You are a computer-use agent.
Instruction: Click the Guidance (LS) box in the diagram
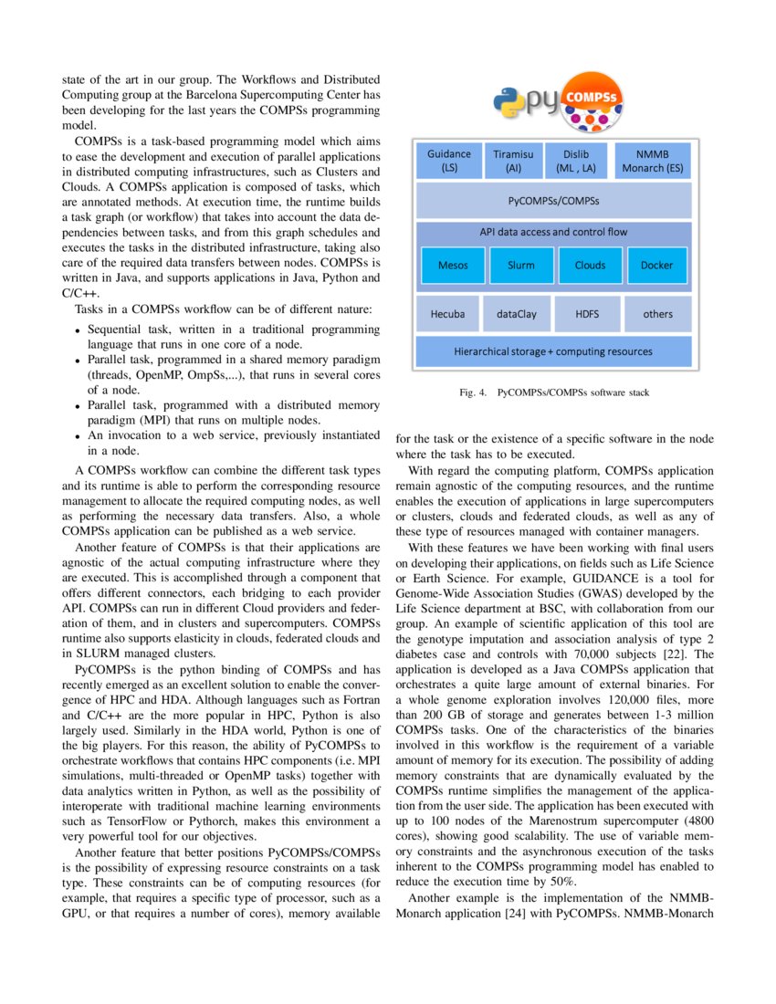tap(449, 161)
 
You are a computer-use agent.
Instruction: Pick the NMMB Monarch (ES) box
tap(651, 161)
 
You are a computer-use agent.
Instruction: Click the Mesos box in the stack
tap(453, 266)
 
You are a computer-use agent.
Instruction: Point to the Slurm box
tap(521, 266)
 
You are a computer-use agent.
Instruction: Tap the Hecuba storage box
tap(447, 314)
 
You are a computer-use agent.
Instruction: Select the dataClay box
tap(516, 314)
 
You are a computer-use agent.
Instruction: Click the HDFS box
tap(587, 314)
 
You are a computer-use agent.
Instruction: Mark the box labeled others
tap(657, 314)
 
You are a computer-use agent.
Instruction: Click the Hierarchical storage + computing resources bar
tap(553, 351)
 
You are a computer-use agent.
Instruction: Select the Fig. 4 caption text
tap(554, 393)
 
